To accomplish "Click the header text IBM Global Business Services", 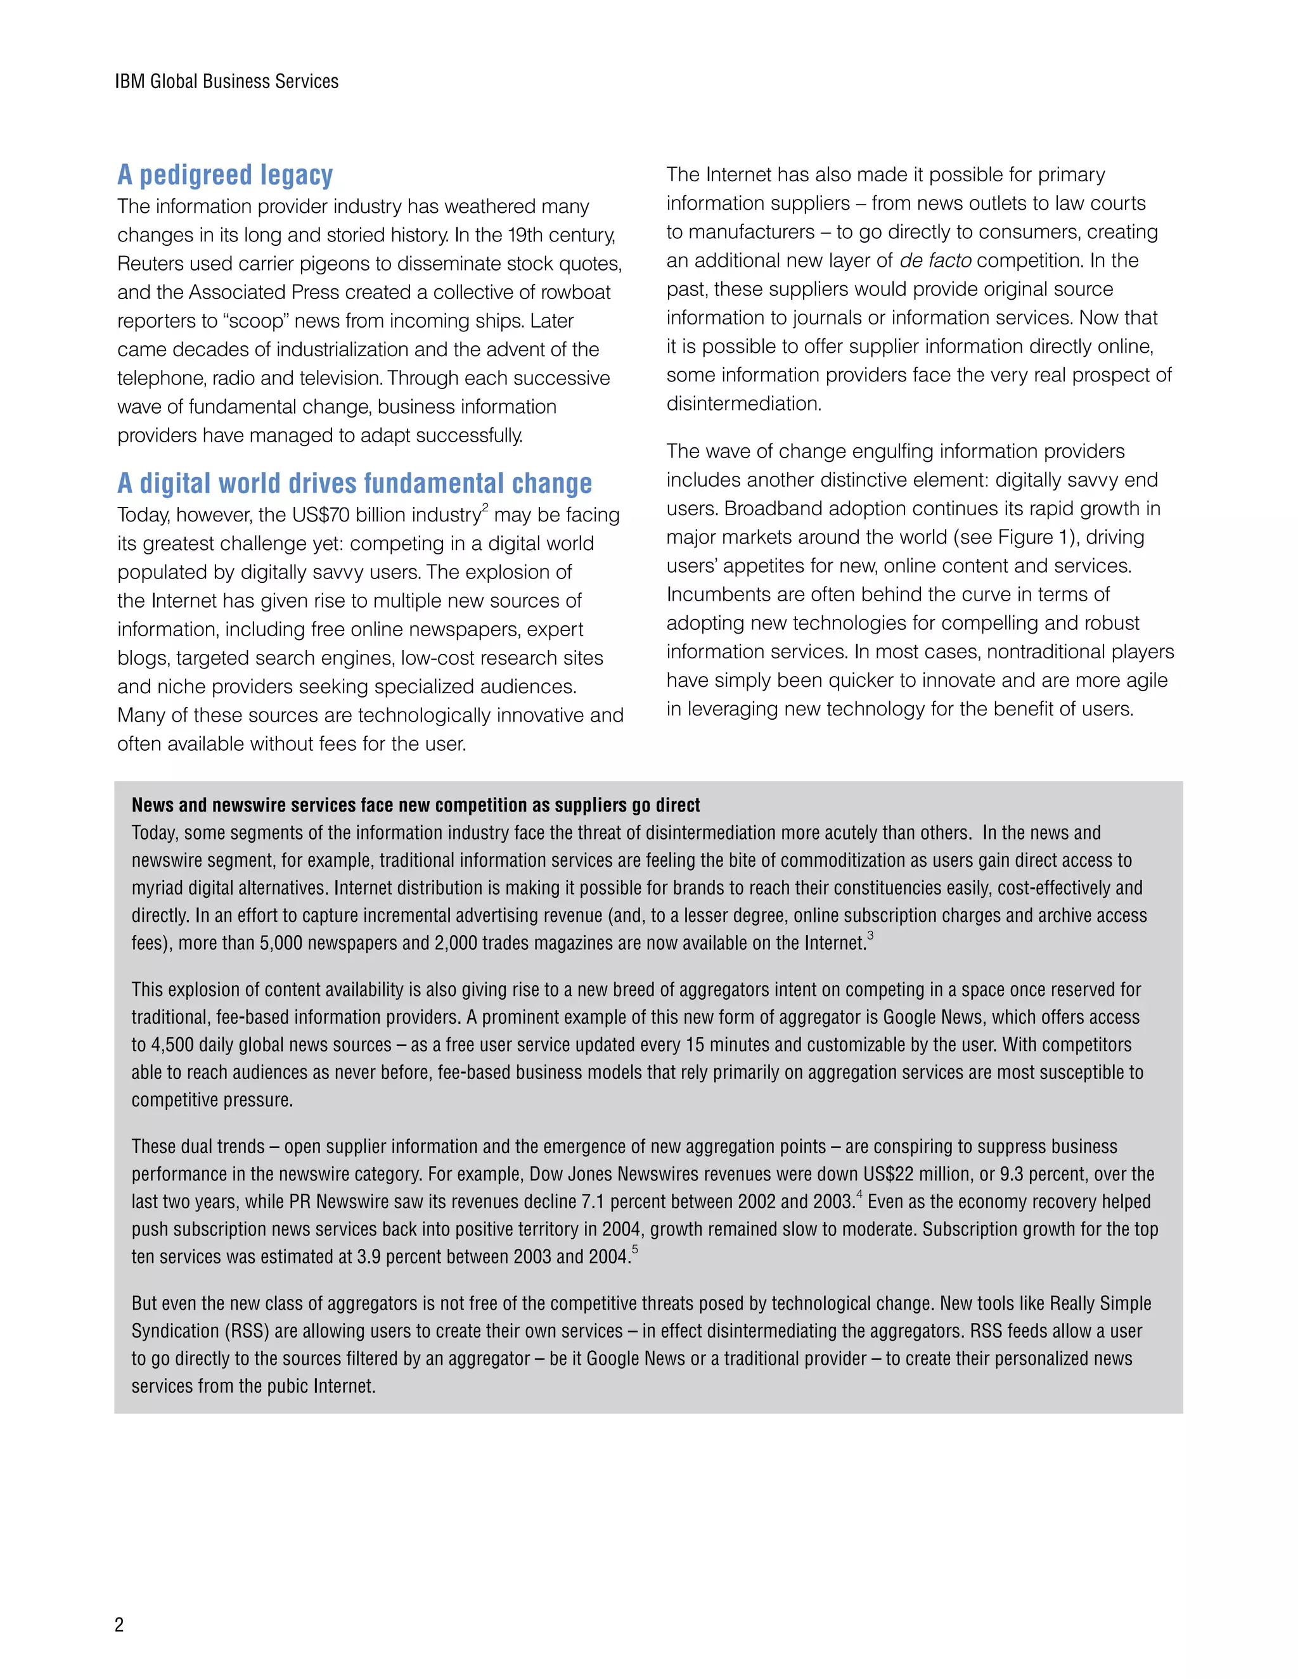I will coord(226,82).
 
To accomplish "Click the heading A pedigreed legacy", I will coord(224,176).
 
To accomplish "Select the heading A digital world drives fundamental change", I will coord(354,483).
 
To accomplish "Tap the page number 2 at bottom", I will coord(119,1625).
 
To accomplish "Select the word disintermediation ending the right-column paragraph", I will coord(743,404).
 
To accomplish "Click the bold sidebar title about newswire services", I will coord(415,805).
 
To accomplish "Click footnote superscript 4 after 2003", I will coord(859,1194).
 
